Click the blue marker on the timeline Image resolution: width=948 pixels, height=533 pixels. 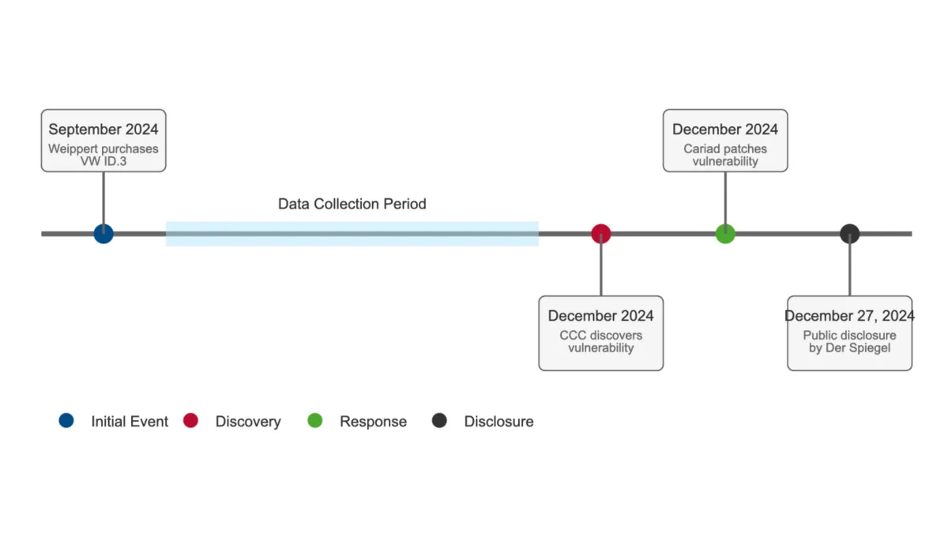[x=103, y=234]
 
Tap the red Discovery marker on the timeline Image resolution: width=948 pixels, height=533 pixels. [x=601, y=234]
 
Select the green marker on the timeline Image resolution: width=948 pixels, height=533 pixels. [x=725, y=234]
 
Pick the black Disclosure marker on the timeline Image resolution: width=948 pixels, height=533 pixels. [x=849, y=234]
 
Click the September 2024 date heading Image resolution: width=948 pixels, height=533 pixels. [x=103, y=129]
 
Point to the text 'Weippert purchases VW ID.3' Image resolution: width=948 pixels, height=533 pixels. [x=103, y=155]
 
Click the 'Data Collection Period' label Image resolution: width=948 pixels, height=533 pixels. [x=352, y=205]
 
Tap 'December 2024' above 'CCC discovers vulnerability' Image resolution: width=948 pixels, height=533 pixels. [x=601, y=316]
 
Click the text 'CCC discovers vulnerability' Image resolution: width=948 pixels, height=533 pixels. [x=601, y=341]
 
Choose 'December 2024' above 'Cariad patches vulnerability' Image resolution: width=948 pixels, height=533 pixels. [x=725, y=129]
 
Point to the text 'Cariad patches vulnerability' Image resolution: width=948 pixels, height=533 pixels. [x=725, y=155]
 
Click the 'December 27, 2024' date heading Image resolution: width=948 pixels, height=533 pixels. [x=849, y=316]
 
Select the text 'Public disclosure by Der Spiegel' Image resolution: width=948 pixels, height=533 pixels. [x=849, y=341]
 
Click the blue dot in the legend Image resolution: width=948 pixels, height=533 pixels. [x=66, y=421]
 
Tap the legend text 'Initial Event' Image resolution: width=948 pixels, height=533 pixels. [x=130, y=422]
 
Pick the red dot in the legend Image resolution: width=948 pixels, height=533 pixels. [x=190, y=421]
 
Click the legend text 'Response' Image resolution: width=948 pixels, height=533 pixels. [x=373, y=422]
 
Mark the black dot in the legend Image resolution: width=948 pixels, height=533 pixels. [x=439, y=421]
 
